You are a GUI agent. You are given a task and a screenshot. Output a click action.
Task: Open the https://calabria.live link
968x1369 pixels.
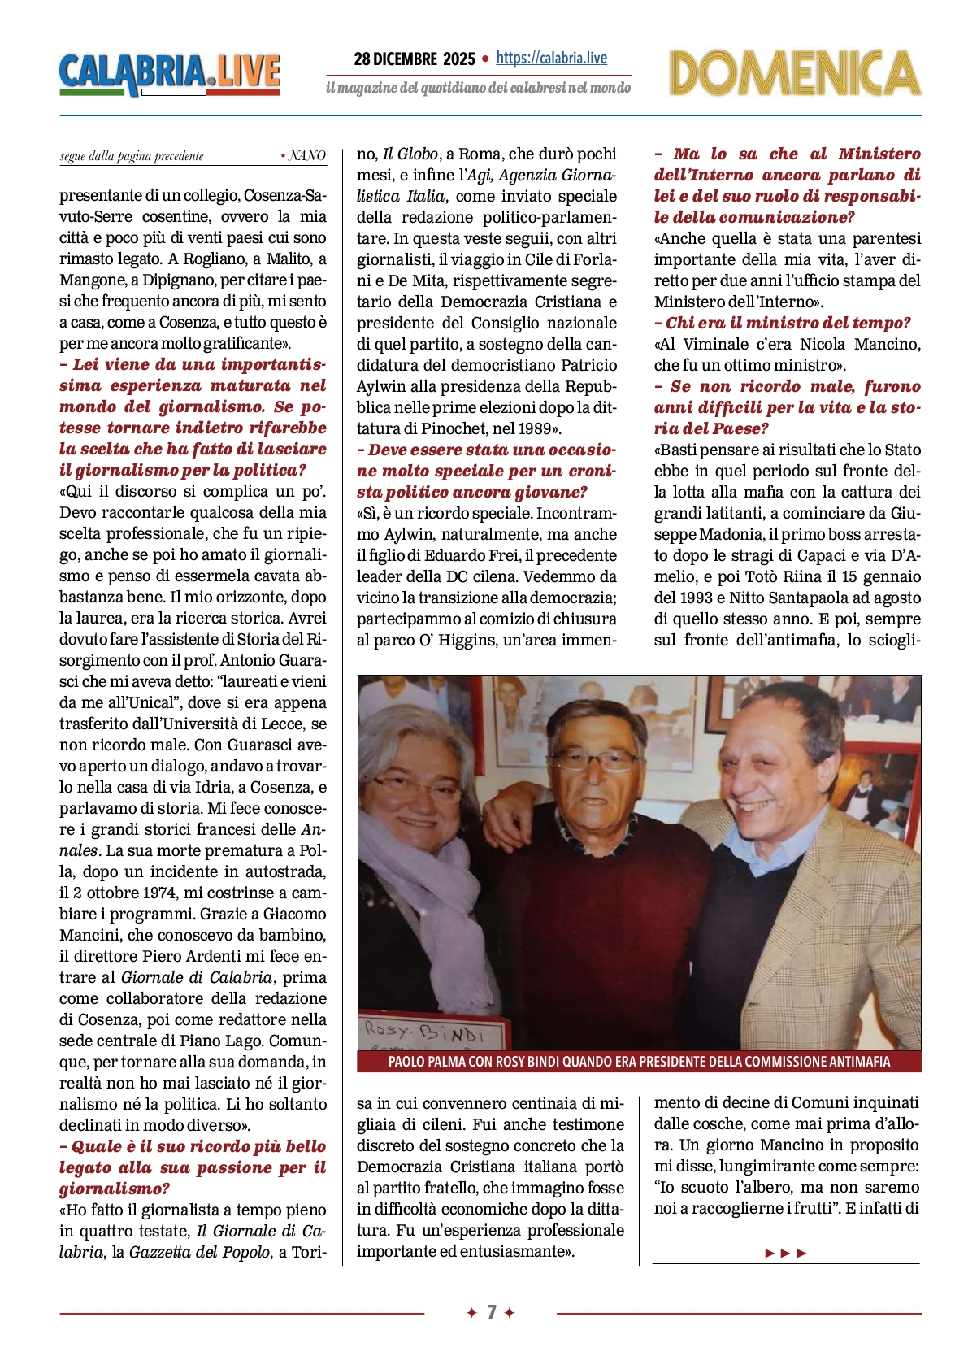tap(551, 58)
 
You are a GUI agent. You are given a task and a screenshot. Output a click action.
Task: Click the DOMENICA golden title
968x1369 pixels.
tap(794, 73)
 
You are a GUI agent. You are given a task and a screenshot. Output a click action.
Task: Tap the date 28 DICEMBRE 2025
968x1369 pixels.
tap(415, 59)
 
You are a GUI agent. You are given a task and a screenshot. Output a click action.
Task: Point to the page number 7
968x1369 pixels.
tap(491, 1312)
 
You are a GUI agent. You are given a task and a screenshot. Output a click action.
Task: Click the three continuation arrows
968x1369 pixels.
tap(786, 1253)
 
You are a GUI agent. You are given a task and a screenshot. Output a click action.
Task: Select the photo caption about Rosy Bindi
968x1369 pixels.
tap(639, 1061)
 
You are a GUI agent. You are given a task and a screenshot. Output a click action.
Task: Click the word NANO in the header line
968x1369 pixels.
tap(307, 156)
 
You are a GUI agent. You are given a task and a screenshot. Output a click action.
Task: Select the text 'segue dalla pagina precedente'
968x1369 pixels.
tap(132, 156)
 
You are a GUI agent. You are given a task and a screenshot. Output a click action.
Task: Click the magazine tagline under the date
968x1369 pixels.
tap(478, 88)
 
